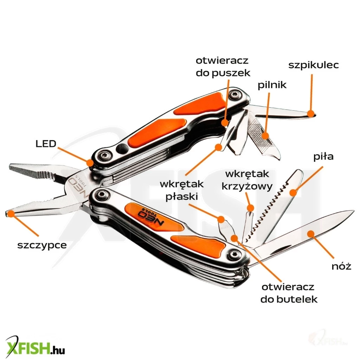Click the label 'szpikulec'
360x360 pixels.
pos(314,65)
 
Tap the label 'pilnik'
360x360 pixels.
pos(272,85)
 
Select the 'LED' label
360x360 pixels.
pos(46,143)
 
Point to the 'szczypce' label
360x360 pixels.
pos(42,245)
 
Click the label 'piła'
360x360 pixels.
pos(323,157)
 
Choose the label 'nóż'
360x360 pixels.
pos(341,266)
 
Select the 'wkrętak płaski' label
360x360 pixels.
pos(181,190)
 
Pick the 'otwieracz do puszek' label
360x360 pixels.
pos(223,67)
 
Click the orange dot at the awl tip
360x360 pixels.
pos(310,113)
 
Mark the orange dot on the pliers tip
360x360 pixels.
pos(10,213)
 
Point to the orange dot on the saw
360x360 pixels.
pos(292,192)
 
